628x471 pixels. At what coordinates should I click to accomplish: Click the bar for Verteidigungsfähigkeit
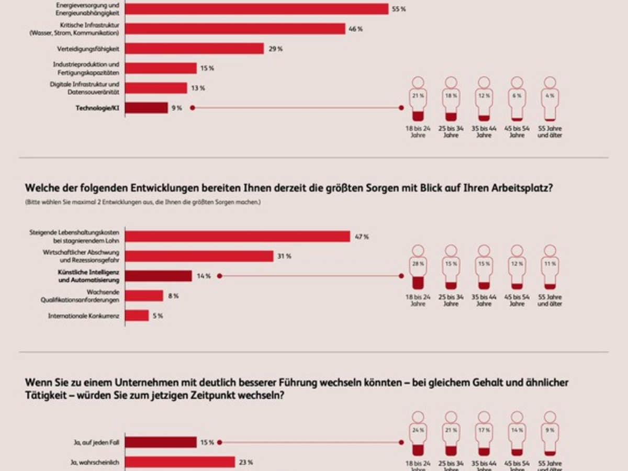(x=194, y=49)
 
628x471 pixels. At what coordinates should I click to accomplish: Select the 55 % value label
(x=399, y=9)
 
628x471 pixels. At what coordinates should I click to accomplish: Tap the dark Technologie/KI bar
(x=147, y=108)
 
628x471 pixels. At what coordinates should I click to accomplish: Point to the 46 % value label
(x=356, y=29)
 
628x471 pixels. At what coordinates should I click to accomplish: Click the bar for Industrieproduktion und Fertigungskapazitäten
(x=161, y=69)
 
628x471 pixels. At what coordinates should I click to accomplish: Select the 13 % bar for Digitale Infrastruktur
(x=156, y=88)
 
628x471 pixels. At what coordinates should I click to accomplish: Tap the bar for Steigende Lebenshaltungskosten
(x=237, y=237)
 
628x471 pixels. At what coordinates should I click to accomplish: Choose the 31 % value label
(x=284, y=256)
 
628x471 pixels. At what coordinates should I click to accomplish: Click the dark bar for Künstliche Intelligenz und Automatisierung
(x=159, y=276)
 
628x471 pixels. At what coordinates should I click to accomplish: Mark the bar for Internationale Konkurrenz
(x=137, y=316)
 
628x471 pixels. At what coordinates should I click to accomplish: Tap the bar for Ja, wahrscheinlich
(x=180, y=462)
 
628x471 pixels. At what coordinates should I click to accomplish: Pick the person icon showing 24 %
(x=418, y=434)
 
